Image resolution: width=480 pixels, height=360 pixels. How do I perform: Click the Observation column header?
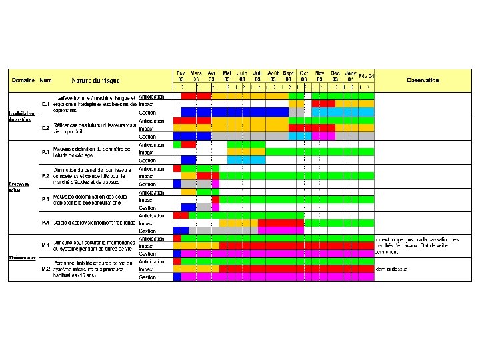(423, 79)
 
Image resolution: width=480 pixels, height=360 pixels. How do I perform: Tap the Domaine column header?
(22, 79)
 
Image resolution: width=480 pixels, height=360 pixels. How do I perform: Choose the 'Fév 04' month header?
(367, 76)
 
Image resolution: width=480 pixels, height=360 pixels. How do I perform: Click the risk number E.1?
(45, 105)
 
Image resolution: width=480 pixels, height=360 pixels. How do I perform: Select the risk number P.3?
(45, 199)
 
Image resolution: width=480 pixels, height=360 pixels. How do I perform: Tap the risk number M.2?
(45, 269)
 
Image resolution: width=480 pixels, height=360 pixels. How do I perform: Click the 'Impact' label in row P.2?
(146, 176)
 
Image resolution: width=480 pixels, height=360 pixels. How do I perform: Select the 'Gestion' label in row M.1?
(147, 254)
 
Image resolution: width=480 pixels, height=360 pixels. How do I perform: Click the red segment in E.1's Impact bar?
(323, 104)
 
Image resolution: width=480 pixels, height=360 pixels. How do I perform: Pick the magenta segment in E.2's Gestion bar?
(323, 136)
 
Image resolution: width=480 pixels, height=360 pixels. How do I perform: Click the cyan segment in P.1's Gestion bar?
(246, 160)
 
